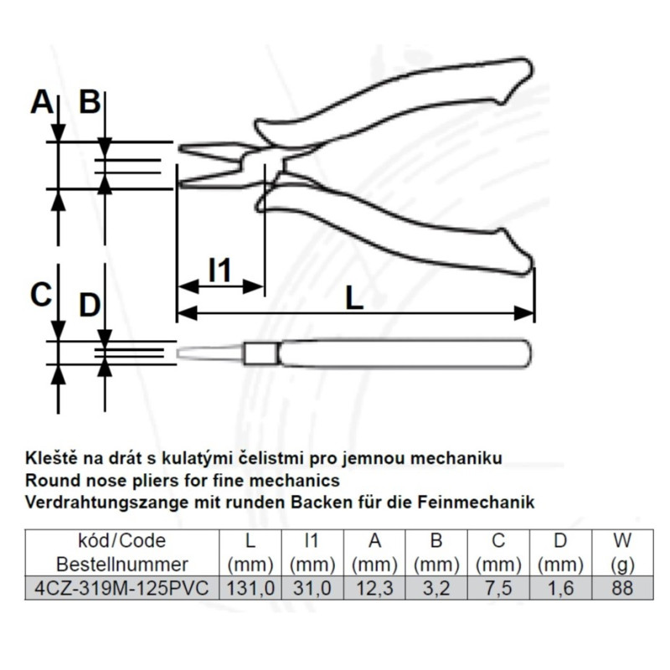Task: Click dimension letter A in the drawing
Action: coord(42,102)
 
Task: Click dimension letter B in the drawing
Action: coord(90,102)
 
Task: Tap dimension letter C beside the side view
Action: coord(41,295)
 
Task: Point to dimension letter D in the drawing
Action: coord(90,305)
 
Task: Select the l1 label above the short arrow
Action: coord(219,270)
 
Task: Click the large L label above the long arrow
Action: coord(354,297)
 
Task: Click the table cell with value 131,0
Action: coord(250,588)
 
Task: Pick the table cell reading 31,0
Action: coord(312,588)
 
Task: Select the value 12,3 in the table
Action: coord(374,588)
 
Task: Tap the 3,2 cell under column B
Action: coord(436,588)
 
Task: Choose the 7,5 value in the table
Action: coord(498,588)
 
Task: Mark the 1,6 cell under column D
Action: coord(560,588)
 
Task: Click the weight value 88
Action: coord(622,588)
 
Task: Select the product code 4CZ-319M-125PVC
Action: coord(121,588)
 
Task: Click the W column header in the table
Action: coord(622,540)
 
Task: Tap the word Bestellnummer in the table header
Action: coord(122,564)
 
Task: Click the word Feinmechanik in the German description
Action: coord(476,502)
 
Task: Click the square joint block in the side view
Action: coord(260,353)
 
